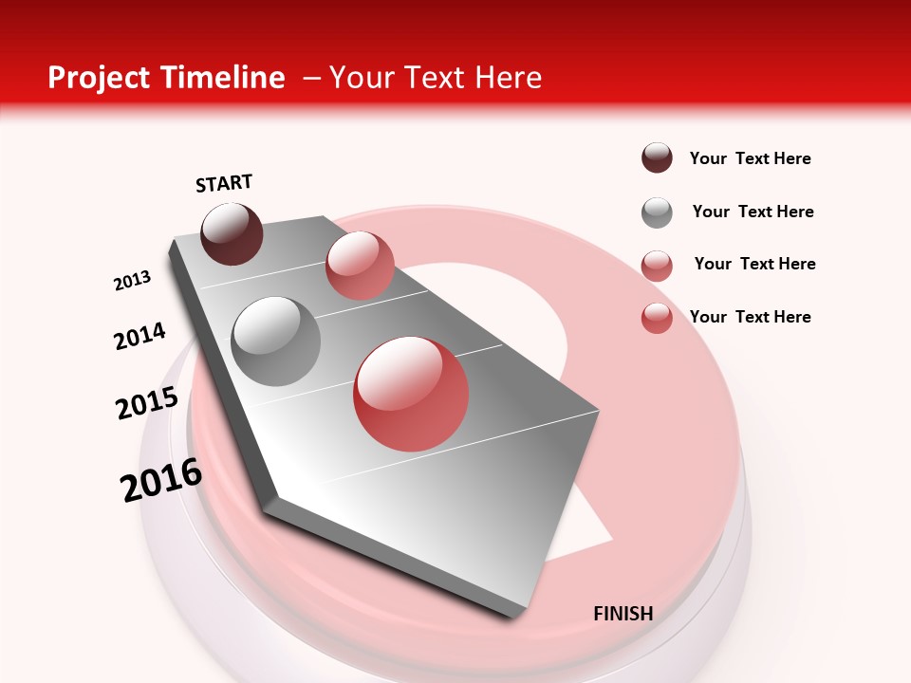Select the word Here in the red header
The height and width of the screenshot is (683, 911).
click(508, 78)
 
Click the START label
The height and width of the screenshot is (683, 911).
click(224, 183)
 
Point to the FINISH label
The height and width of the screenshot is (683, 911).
click(623, 614)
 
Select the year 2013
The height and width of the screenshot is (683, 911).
click(132, 281)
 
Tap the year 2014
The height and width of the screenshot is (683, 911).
click(139, 336)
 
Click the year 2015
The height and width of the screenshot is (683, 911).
click(147, 403)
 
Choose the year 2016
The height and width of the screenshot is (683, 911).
click(161, 480)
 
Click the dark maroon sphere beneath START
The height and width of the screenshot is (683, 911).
click(232, 233)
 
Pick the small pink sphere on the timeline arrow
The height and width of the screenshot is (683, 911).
click(360, 266)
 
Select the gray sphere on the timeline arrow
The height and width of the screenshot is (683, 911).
click(275, 341)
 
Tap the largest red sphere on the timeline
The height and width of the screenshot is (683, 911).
click(411, 394)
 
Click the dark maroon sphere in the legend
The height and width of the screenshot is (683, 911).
click(657, 158)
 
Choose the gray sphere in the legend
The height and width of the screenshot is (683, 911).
click(657, 212)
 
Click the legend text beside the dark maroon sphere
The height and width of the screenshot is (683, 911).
click(750, 158)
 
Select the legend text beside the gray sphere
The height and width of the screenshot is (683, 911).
click(753, 212)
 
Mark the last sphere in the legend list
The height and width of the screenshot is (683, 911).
click(657, 318)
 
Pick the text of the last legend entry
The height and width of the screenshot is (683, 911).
click(750, 317)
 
